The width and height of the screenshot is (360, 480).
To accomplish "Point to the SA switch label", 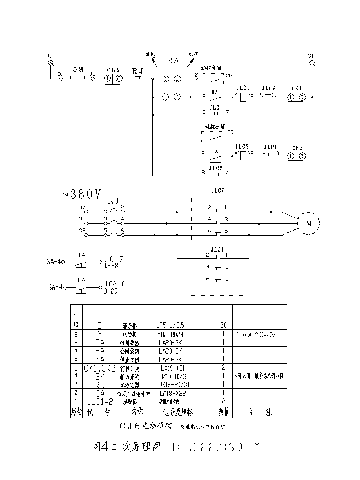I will coord(173,61).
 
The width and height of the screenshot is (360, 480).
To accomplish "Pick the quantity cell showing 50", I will coord(223,325).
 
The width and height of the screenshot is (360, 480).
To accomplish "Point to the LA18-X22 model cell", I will coord(171,393).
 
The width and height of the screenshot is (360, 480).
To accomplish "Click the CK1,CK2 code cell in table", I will coord(100,368).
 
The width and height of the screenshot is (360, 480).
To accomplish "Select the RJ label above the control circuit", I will coord(137,70).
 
